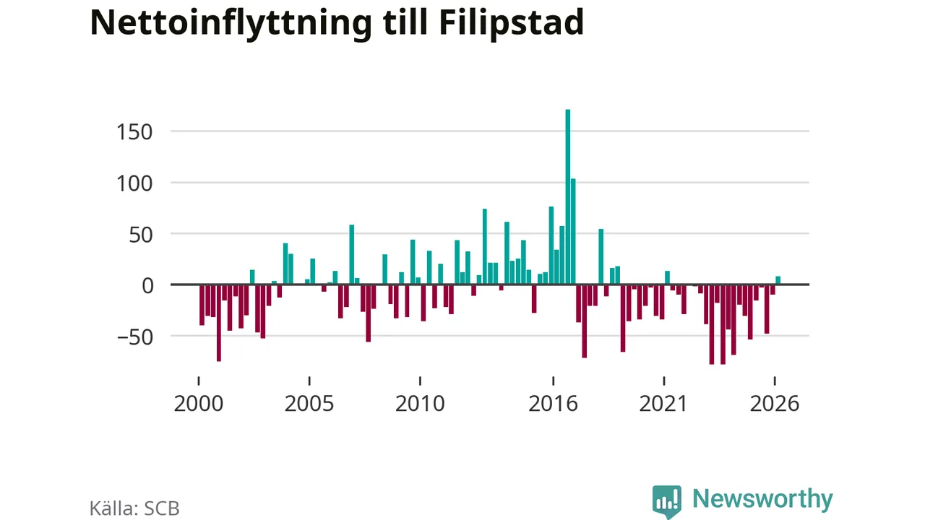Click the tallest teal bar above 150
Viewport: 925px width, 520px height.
[568, 197]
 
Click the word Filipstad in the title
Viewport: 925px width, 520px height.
[511, 22]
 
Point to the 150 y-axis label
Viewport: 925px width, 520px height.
[134, 132]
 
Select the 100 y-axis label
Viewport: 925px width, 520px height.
[134, 183]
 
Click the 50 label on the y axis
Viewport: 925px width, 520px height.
[141, 235]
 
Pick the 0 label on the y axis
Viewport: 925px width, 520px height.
[147, 285]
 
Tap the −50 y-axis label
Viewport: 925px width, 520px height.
[135, 337]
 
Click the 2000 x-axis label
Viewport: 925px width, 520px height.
[199, 403]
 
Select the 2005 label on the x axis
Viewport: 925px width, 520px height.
[309, 403]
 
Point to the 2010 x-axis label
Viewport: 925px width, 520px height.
[420, 403]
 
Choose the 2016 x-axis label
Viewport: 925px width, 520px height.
[554, 403]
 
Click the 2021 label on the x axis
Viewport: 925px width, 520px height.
[663, 403]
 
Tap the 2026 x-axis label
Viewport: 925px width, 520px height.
[775, 403]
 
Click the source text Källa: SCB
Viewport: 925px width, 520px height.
[134, 508]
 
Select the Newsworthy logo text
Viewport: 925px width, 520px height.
[762, 499]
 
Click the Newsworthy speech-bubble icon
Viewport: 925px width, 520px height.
[667, 501]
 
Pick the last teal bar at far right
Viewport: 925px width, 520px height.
[778, 280]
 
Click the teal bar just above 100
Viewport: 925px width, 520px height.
[573, 232]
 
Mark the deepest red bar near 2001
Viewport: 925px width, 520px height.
[219, 323]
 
